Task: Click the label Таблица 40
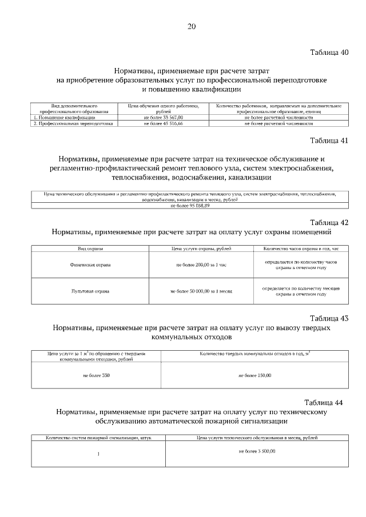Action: pyautogui.click(x=329, y=53)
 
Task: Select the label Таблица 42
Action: pyautogui.click(x=329, y=222)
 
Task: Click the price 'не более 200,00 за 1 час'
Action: pyautogui.click(x=201, y=266)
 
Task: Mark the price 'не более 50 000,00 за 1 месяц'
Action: pyautogui.click(x=201, y=291)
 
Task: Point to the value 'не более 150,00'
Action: pyautogui.click(x=255, y=375)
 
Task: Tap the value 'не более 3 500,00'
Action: pyautogui.click(x=257, y=451)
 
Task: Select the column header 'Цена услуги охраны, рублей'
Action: pyautogui.click(x=201, y=249)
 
